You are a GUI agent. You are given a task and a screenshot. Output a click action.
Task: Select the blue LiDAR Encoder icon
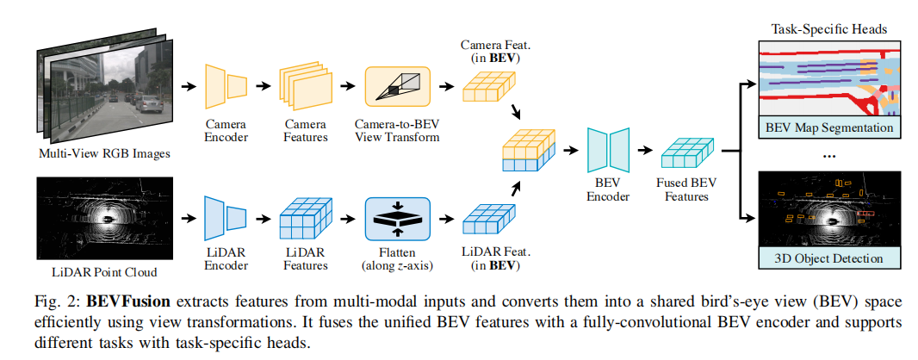click(x=225, y=218)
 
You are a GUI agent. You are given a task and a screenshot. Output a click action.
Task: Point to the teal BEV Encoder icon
click(x=608, y=150)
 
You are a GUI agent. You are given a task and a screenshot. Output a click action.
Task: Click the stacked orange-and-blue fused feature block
click(x=527, y=152)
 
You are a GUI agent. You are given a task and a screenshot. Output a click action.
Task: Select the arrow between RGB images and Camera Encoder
click(x=186, y=86)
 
